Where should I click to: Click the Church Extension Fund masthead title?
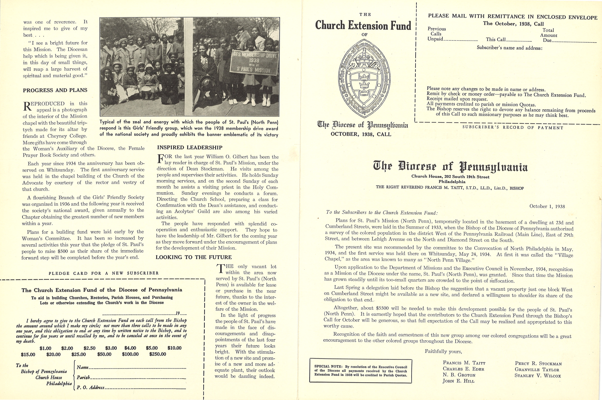(x=363, y=26)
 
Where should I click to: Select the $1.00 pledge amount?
(x=45, y=348)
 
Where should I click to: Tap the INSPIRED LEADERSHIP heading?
(x=190, y=147)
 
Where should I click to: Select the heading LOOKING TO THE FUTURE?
(x=194, y=257)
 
